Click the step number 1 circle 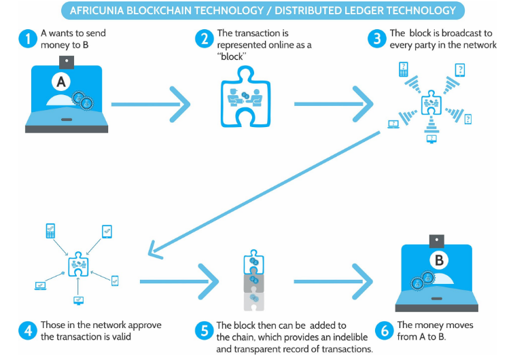tap(26, 38)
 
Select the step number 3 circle tap(376, 38)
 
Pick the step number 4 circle tap(27, 331)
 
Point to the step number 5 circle tap(202, 331)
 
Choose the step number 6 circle tap(384, 331)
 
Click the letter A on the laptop tap(62, 82)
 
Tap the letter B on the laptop tap(439, 259)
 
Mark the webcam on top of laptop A tap(66, 62)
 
